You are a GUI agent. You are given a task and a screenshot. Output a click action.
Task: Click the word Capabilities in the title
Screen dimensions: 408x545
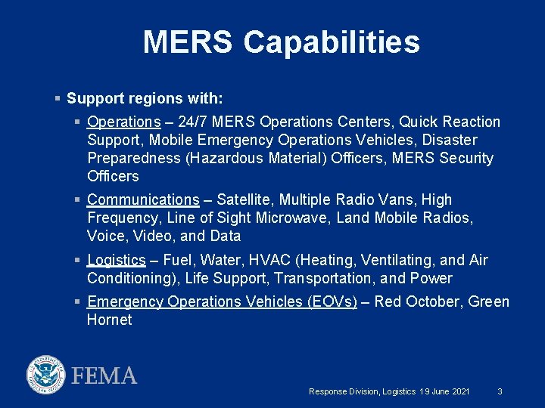(331, 43)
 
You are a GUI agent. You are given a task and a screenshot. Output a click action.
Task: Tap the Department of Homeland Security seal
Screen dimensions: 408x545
(46, 375)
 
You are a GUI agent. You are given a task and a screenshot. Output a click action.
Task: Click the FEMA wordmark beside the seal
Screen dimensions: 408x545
(104, 376)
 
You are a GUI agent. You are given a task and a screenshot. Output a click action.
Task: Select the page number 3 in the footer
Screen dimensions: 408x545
(500, 391)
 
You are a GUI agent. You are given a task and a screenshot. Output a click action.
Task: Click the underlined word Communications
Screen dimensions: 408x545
(143, 199)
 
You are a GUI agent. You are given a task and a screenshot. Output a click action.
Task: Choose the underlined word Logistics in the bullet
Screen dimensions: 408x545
(116, 260)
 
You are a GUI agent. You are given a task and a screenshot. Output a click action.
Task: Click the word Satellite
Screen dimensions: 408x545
(246, 199)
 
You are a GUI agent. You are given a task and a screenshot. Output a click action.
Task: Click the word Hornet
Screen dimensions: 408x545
(109, 320)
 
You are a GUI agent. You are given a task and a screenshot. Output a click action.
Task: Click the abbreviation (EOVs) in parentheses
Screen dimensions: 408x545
(332, 301)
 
